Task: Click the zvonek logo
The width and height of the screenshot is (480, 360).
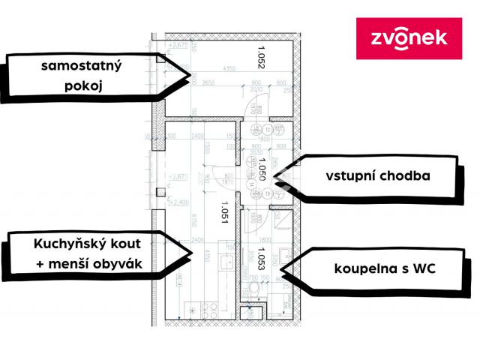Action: click(409, 38)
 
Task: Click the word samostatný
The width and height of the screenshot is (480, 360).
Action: click(82, 66)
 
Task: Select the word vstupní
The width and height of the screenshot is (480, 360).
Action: click(352, 176)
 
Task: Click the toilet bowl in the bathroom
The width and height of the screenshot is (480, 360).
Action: click(254, 290)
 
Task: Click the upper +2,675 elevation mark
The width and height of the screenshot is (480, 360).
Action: click(178, 46)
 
